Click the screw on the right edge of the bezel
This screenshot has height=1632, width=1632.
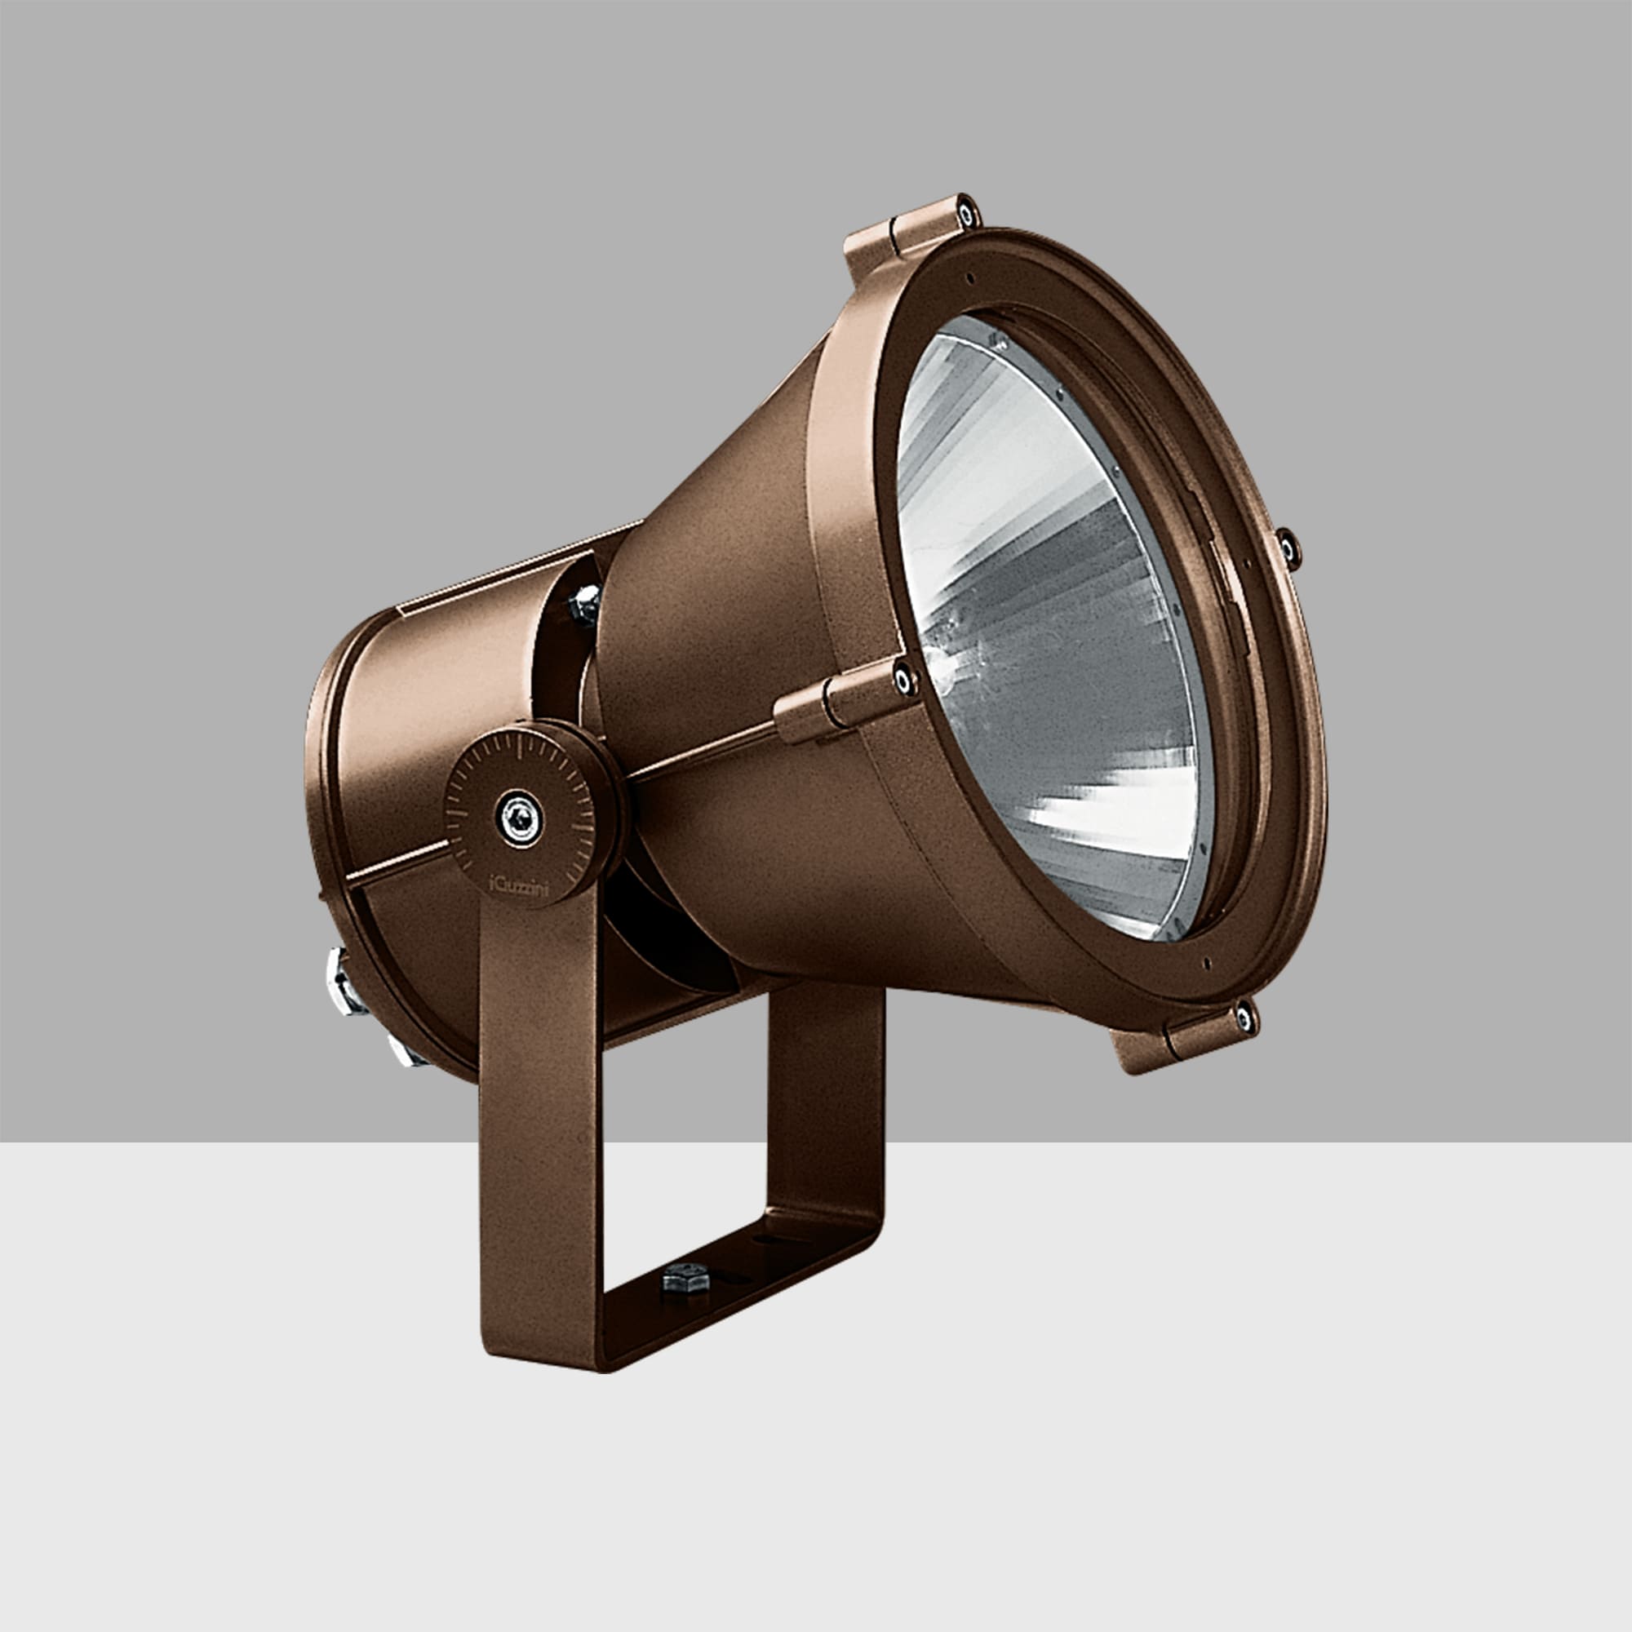pyautogui.click(x=1288, y=548)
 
